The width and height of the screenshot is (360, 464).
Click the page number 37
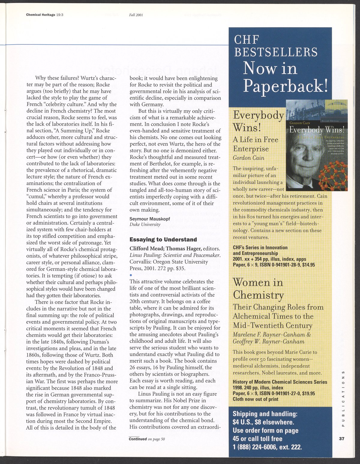click(x=341, y=439)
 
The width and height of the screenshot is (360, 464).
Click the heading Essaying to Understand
click(x=163, y=239)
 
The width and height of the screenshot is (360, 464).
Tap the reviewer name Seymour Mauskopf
click(x=150, y=219)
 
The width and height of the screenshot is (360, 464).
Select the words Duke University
click(x=145, y=225)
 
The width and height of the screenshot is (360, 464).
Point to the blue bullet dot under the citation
click(x=131, y=275)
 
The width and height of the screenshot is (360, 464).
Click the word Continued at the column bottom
click(x=138, y=439)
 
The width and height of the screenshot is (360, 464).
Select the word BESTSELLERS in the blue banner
click(x=276, y=52)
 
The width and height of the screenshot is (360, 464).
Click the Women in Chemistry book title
click(x=258, y=289)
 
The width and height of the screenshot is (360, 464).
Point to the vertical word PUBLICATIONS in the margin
click(x=343, y=398)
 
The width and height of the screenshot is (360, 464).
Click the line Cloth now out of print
click(x=256, y=399)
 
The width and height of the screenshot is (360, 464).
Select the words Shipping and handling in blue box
click(x=265, y=414)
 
